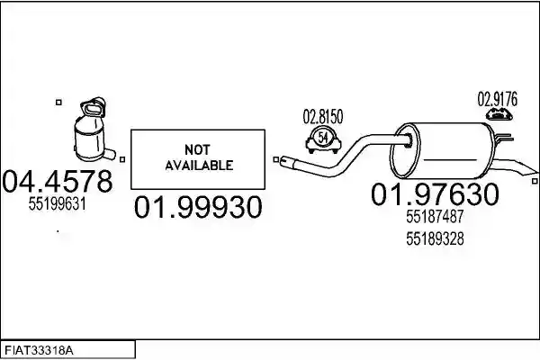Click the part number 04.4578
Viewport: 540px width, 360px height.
coord(58,181)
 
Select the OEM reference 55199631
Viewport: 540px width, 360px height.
coord(58,204)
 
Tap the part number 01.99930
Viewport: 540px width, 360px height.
coord(198,207)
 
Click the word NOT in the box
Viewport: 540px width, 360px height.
coord(197,150)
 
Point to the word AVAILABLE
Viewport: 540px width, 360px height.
coord(199,166)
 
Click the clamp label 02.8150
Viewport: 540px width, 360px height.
coord(323,117)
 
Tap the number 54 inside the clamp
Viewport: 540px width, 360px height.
coord(323,138)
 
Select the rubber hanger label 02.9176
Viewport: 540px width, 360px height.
coord(498,99)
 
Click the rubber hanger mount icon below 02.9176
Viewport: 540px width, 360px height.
coord(499,114)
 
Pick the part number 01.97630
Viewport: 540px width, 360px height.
coord(435,194)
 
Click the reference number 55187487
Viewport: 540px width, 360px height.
coord(435,217)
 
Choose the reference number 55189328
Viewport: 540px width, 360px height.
coord(435,238)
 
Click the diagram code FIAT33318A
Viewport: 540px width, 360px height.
coord(39,351)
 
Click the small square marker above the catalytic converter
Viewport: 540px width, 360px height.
coord(58,103)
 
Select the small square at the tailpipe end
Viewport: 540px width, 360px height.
coord(535,181)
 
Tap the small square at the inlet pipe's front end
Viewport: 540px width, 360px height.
coord(276,159)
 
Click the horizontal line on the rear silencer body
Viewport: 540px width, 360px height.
coord(449,160)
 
